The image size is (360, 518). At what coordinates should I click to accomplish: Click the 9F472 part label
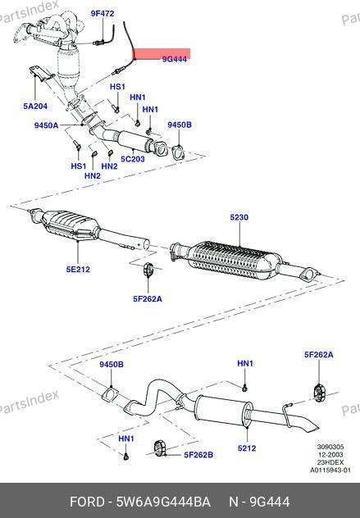tap(103, 14)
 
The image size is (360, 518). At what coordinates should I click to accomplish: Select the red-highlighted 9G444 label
tap(174, 59)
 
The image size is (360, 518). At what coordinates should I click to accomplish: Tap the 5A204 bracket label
tap(35, 106)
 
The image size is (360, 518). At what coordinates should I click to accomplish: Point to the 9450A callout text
tap(46, 125)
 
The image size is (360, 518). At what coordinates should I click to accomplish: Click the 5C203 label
tap(133, 159)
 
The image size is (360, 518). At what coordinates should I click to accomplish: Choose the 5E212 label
tap(78, 269)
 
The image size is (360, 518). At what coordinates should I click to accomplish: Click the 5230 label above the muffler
tap(239, 217)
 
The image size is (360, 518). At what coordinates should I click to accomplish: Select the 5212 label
tap(247, 448)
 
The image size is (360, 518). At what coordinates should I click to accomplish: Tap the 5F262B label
tap(198, 455)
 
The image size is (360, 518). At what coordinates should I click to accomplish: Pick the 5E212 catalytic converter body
tap(71, 226)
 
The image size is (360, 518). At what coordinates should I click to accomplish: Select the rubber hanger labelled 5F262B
tap(160, 448)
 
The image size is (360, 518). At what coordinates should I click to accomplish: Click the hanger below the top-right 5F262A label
tap(319, 393)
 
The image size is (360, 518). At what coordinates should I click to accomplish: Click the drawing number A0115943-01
tap(330, 470)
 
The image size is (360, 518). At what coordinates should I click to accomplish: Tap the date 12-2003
tap(330, 455)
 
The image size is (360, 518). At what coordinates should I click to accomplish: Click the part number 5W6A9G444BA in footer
tap(163, 502)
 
